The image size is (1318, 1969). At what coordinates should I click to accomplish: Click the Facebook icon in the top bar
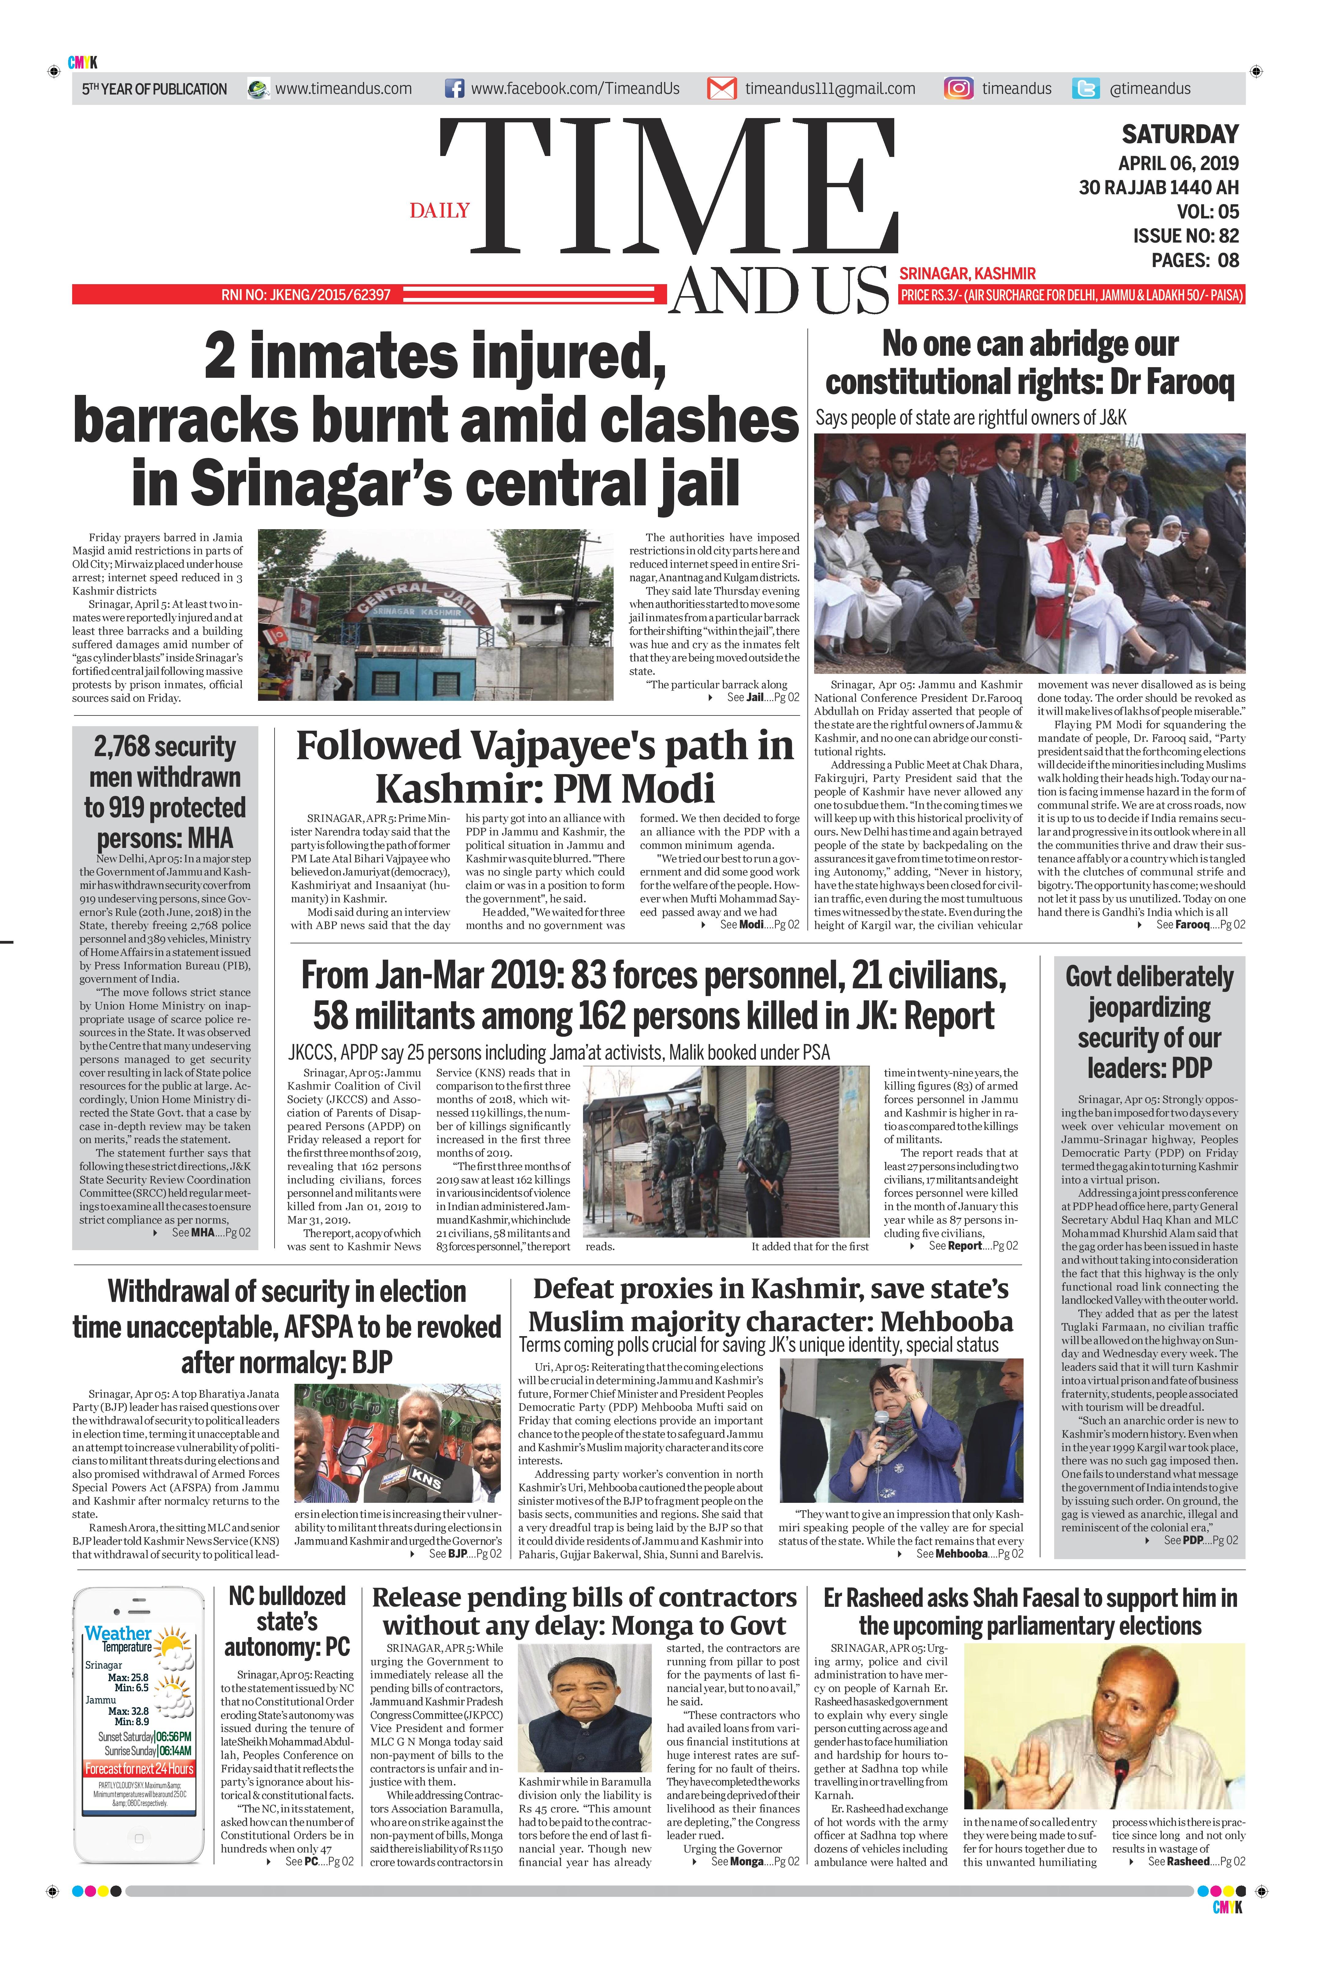pyautogui.click(x=454, y=88)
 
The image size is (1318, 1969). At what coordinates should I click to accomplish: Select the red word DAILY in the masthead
pyautogui.click(x=440, y=210)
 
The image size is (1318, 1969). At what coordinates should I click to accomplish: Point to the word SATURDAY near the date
pyautogui.click(x=1180, y=135)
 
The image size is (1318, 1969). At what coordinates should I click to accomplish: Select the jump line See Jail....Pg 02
pyautogui.click(x=762, y=697)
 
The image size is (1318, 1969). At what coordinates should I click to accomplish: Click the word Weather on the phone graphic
pyautogui.click(x=118, y=1633)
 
